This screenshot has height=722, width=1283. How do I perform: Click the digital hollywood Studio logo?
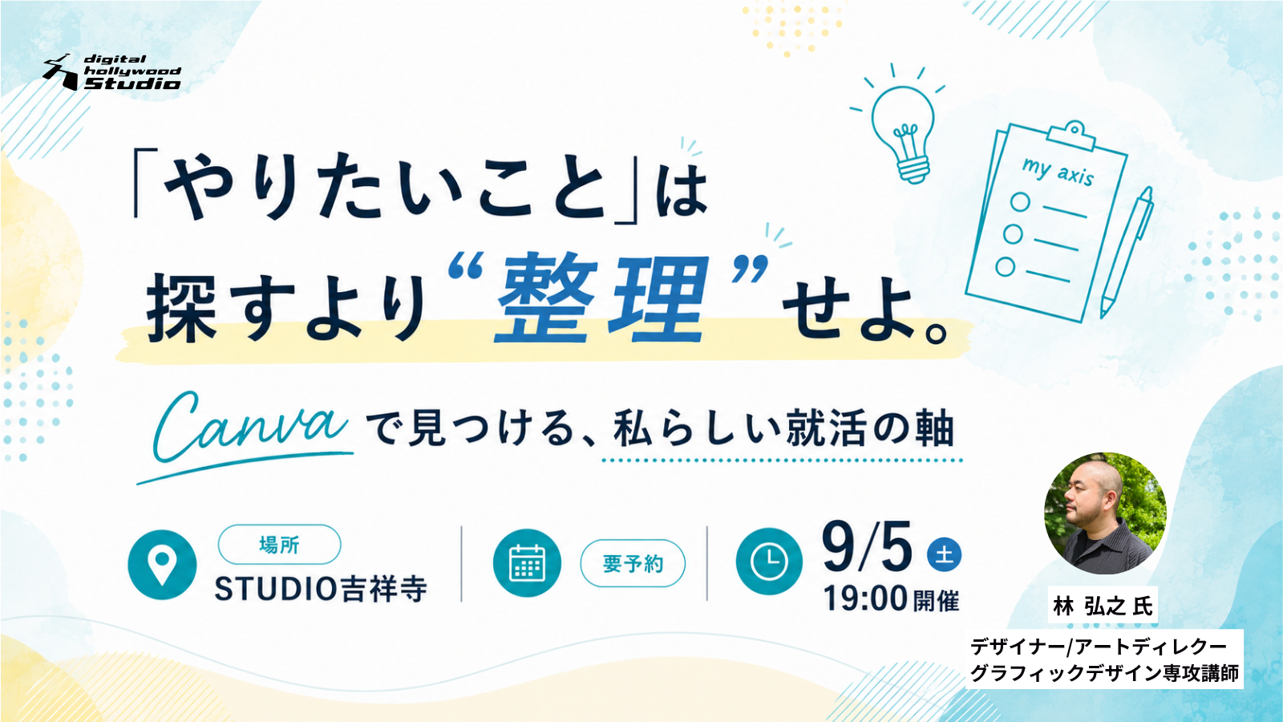coord(111,72)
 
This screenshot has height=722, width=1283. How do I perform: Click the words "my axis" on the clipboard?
coord(1058,171)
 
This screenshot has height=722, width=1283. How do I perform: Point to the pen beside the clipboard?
coord(1126,252)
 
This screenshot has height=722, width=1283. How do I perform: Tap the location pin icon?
coord(162,564)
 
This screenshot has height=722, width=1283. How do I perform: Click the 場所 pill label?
coord(279,545)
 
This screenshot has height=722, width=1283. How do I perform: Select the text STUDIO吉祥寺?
coord(321,589)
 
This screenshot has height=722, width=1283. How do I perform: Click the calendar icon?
coord(527,563)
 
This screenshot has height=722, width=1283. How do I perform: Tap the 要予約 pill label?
coord(633,564)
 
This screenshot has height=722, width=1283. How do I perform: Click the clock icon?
coord(770,561)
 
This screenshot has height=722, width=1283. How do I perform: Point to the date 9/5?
coord(867,546)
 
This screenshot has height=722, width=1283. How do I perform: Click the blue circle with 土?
coord(944,554)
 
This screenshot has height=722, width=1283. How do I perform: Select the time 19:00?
coord(865,598)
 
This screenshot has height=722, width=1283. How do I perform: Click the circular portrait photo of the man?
coord(1105,513)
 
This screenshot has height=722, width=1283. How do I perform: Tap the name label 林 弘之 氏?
coord(1103,606)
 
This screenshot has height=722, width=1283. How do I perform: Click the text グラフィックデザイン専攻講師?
coord(1104,673)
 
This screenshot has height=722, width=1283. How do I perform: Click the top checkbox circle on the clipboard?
coord(1020,201)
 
